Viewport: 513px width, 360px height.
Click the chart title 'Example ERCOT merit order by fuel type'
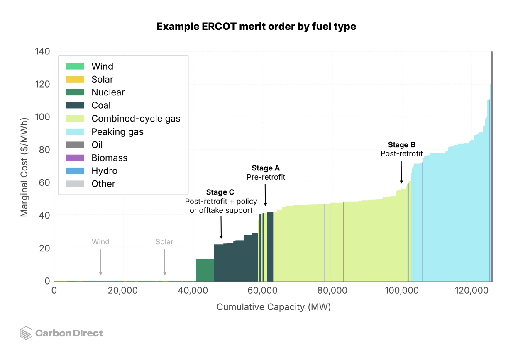(256, 27)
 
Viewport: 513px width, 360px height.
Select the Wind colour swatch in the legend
(75, 66)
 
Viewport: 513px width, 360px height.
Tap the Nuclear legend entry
(108, 92)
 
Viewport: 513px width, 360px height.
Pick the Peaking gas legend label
(117, 132)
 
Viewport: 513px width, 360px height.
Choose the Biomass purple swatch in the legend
(75, 158)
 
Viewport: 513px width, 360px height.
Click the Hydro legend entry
(104, 171)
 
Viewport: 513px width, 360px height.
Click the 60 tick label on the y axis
(44, 182)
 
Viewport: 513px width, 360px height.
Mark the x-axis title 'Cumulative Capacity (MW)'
(274, 307)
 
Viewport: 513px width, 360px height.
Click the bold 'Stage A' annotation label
(266, 168)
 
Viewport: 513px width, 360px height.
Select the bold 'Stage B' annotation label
(401, 145)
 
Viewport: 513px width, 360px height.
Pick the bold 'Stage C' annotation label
(220, 192)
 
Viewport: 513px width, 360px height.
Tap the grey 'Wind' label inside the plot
(100, 242)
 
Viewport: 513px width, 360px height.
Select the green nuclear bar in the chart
(205, 270)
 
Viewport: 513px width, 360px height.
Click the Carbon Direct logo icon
(26, 333)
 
